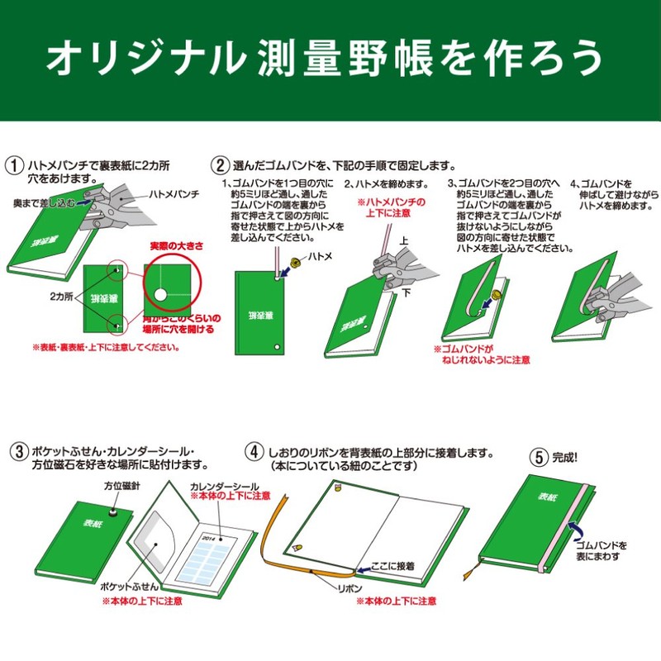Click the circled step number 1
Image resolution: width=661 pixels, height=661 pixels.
14,164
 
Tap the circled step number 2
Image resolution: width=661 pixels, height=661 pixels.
220,164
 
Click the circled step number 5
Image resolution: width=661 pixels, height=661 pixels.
538,454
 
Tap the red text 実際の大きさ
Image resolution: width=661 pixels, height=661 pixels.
176,246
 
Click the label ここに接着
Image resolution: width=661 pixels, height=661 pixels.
392,566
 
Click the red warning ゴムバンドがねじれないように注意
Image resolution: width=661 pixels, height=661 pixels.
482,354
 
